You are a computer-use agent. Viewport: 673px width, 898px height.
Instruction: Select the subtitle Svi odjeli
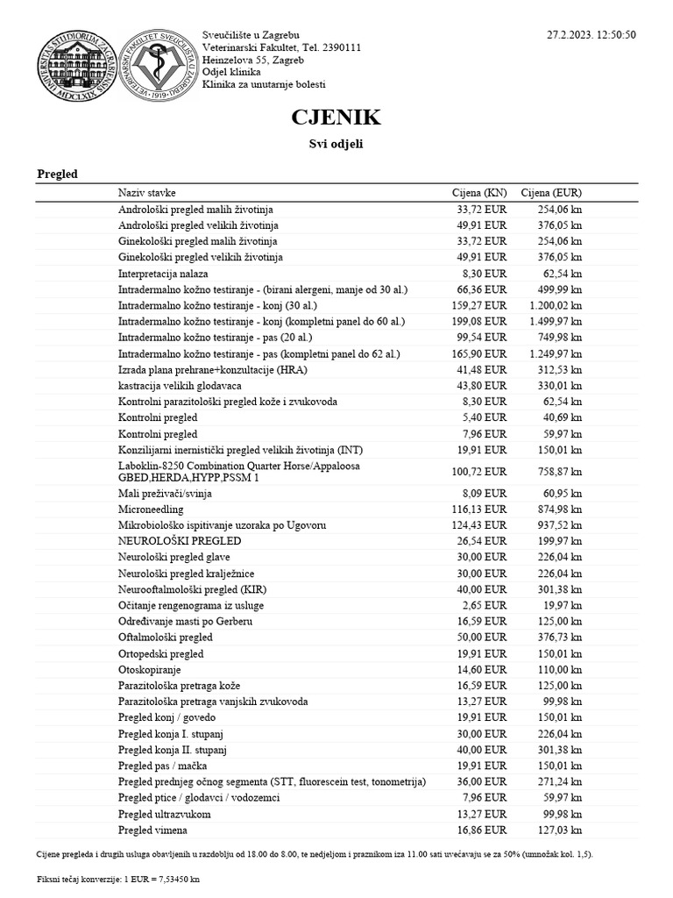[336, 144]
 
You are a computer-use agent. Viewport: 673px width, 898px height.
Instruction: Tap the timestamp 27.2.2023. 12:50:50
[592, 34]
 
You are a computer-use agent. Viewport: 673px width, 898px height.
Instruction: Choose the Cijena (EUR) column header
[551, 193]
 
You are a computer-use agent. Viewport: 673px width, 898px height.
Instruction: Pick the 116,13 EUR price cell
[481, 509]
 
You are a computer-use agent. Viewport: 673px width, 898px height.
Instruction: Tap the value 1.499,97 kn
[556, 321]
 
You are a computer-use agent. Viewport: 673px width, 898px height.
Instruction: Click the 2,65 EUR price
[486, 605]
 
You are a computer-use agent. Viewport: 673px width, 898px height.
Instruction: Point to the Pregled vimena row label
[152, 830]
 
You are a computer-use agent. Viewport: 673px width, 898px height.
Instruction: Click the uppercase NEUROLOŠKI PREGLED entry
[179, 541]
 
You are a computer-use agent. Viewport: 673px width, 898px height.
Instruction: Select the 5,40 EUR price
[486, 417]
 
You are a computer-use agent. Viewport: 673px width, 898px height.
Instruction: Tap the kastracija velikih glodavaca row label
[180, 386]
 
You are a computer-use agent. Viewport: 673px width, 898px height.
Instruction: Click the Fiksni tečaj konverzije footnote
[118, 878]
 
